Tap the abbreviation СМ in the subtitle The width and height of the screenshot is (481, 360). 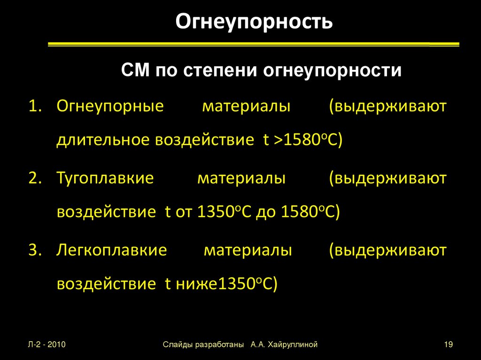[135, 71]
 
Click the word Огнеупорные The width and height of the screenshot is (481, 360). [110, 106]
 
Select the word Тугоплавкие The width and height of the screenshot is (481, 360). [105, 178]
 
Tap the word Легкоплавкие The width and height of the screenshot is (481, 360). [111, 250]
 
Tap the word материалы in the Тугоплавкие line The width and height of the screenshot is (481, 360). [241, 178]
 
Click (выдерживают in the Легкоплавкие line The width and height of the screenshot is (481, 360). [388, 250]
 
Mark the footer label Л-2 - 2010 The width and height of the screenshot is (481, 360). [47, 345]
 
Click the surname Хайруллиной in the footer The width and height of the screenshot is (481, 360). [293, 345]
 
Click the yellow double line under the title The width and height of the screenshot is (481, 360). [254, 45]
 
